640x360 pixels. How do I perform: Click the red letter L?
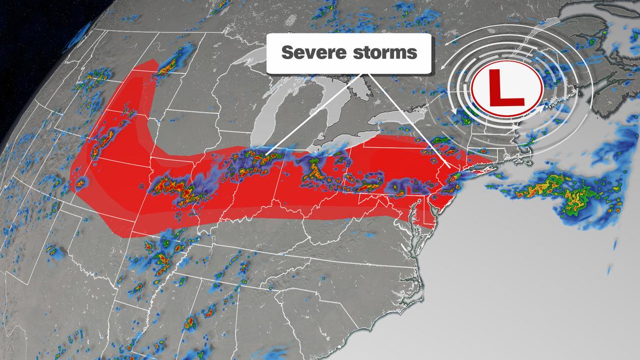506,87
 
